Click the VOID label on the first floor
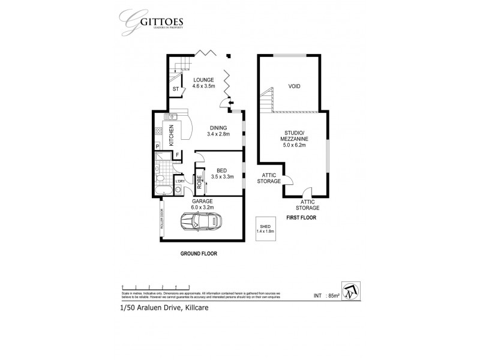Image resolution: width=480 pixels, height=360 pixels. click(x=294, y=86)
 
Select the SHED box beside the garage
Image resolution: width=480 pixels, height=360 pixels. click(x=265, y=228)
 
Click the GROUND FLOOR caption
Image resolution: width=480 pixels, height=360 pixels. click(x=199, y=254)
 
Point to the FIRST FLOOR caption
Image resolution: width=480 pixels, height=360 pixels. click(x=302, y=218)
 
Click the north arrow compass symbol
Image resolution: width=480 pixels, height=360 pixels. click(x=348, y=290)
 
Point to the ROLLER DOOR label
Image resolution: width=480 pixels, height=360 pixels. click(x=162, y=218)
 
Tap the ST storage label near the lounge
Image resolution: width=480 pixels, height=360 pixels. click(x=175, y=91)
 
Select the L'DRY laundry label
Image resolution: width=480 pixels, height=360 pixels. click(x=179, y=181)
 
